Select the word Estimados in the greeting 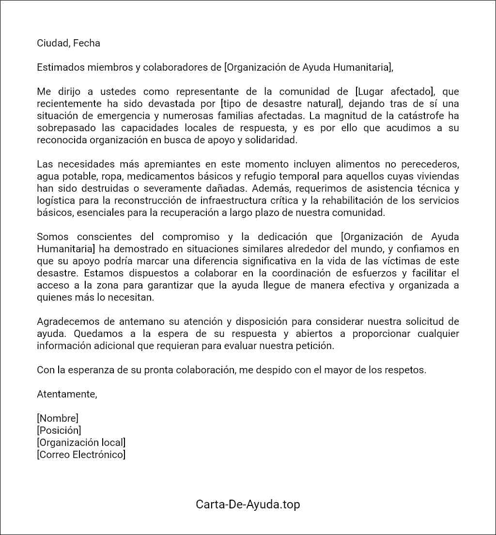(60, 67)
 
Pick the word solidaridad (272, 140)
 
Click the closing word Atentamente (67, 394)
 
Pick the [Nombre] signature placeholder (58, 418)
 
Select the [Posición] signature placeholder (59, 430)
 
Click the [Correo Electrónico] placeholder (81, 455)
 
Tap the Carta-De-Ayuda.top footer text (248, 504)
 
